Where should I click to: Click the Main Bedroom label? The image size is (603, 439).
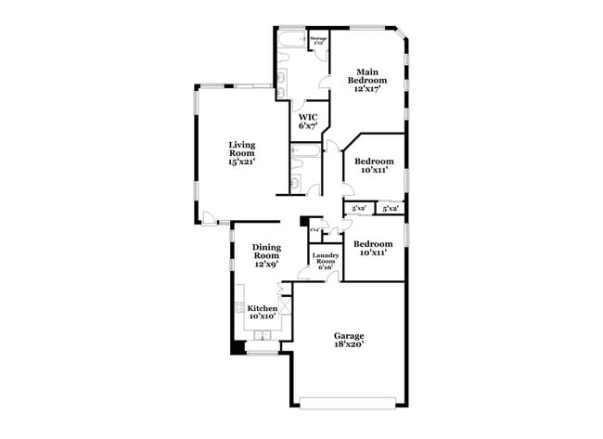pos(366,76)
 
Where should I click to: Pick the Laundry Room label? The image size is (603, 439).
pos(324,260)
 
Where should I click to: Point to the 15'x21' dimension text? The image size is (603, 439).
pos(242,162)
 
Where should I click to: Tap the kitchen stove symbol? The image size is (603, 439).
pos(238,307)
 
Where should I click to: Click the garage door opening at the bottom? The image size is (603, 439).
pos(348,402)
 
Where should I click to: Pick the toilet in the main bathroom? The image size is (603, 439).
pos(281,83)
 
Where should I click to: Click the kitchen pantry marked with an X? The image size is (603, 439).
pos(286,305)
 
